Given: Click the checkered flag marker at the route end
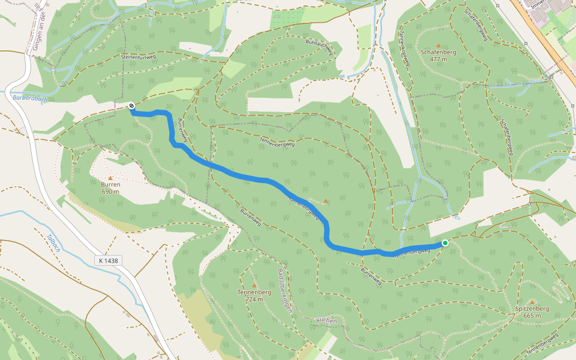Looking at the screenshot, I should pyautogui.click(x=131, y=106).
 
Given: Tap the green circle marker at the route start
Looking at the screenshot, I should pyautogui.click(x=445, y=242).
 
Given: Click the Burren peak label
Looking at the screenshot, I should pyautogui.click(x=110, y=187).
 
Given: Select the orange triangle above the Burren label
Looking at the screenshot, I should pyautogui.click(x=110, y=178).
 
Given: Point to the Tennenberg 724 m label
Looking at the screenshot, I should pyautogui.click(x=254, y=295).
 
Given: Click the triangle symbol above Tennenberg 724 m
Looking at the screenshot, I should pyautogui.click(x=254, y=286).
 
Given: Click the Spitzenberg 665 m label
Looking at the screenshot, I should pyautogui.click(x=532, y=311).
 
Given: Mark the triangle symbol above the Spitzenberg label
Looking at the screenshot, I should pyautogui.click(x=532, y=302).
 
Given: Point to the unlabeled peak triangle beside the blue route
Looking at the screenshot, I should pyautogui.click(x=326, y=201).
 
